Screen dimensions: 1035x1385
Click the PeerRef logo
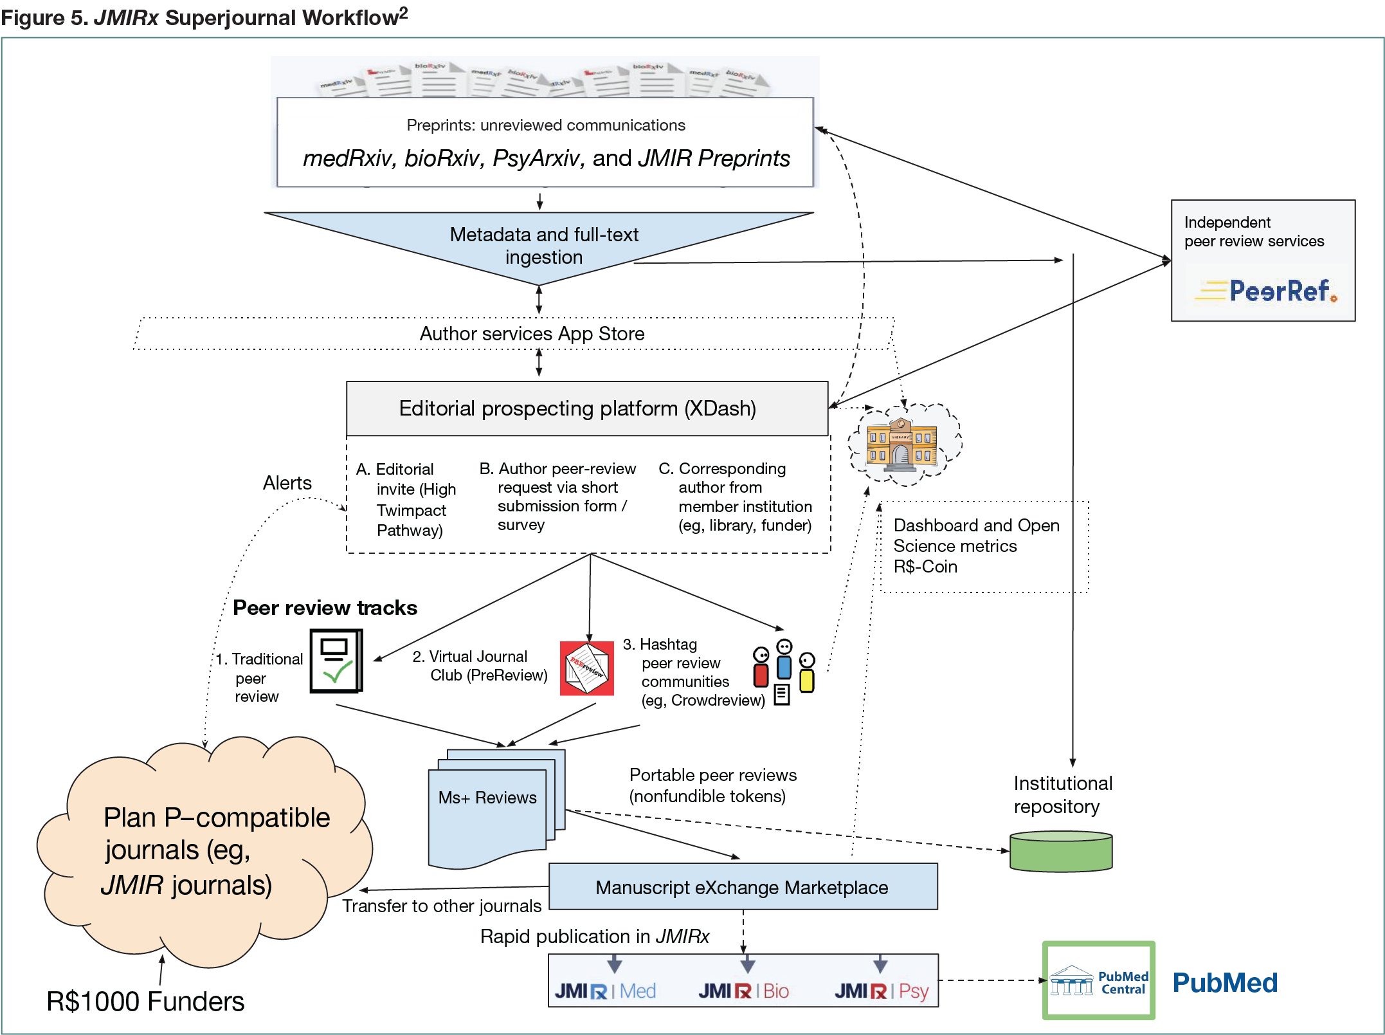[x=1265, y=291]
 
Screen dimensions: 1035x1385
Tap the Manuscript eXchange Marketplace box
[x=743, y=887]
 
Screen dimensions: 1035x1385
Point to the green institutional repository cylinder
[x=1061, y=852]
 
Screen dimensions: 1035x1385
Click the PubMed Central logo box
[x=1099, y=981]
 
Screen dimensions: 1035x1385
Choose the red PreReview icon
[x=586, y=668]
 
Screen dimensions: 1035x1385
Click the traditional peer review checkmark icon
[x=336, y=661]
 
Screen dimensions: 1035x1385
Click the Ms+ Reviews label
[x=487, y=798]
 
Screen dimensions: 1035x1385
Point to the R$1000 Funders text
[x=145, y=1002]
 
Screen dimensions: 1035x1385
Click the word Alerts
[x=287, y=483]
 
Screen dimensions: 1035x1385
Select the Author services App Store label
[x=532, y=334]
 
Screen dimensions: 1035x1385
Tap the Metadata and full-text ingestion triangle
[x=543, y=246]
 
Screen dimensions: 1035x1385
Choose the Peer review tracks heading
[x=325, y=608]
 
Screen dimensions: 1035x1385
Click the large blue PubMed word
[x=1225, y=983]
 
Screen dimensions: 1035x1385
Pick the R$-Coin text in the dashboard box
[x=925, y=567]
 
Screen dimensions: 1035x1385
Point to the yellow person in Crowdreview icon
[x=807, y=674]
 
